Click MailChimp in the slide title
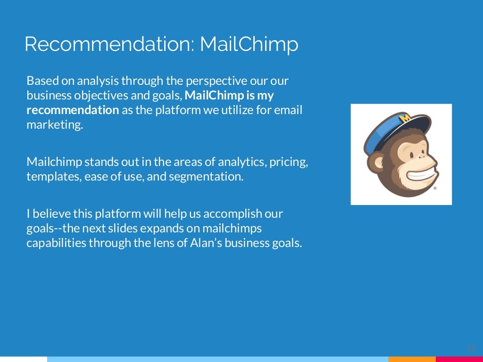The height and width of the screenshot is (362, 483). tap(249, 44)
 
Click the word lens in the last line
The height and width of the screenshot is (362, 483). tap(172, 244)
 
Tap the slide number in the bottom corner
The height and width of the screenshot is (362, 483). tap(471, 348)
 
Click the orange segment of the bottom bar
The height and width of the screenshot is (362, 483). tap(412, 359)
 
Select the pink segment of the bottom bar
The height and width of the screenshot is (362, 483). tap(459, 359)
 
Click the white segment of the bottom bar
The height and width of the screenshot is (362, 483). tap(24, 359)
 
